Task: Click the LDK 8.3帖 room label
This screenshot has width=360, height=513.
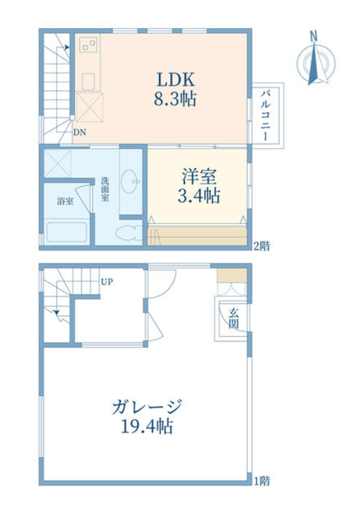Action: pos(175,89)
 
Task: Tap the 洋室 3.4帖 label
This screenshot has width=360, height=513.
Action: pos(199,186)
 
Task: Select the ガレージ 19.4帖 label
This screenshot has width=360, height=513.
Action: pos(147,417)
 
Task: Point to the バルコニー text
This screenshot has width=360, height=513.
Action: pos(265,116)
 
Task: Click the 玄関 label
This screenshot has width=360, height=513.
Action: pos(234,319)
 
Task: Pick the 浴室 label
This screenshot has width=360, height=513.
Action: pos(65,201)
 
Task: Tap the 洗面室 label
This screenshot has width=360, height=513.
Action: pos(105,189)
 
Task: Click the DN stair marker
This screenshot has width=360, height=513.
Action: pos(80,133)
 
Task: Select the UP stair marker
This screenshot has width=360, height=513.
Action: pos(107,282)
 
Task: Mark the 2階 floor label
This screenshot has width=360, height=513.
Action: pos(262,246)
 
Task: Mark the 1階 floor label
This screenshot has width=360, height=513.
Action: pos(262,481)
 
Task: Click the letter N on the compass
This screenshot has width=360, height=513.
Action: pos(314,36)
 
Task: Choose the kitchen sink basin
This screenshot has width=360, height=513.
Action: pos(88,82)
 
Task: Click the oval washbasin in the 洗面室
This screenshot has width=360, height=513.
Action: pos(129,182)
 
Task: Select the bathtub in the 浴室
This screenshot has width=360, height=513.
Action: pos(67,232)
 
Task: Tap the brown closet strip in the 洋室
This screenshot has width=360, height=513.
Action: pos(198,236)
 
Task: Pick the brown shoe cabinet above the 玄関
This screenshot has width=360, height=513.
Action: pos(232,276)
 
